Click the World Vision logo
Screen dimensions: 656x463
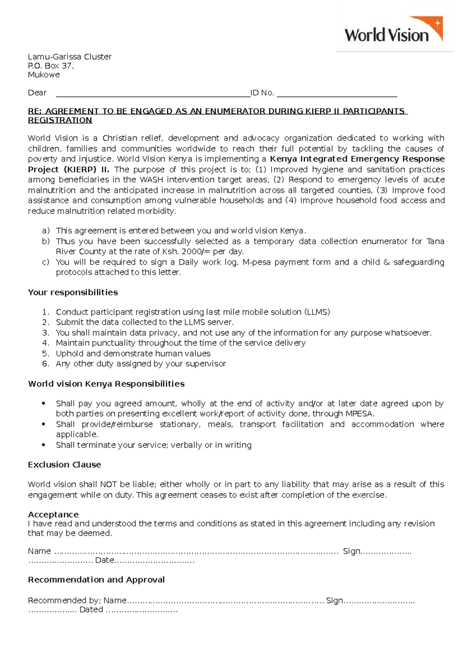click(x=394, y=31)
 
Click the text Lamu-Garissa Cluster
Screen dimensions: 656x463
click(x=69, y=57)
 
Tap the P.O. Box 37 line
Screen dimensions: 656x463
click(x=51, y=66)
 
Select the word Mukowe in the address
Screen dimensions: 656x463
click(x=44, y=75)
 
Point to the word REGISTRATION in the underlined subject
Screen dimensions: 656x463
click(x=60, y=121)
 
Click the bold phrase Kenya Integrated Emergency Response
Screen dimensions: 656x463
click(x=357, y=159)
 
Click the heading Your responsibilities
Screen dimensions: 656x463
click(x=73, y=292)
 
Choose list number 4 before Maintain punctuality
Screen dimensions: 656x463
click(x=46, y=343)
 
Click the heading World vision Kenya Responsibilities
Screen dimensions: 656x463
click(x=106, y=384)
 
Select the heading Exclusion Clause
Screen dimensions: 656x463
click(x=64, y=465)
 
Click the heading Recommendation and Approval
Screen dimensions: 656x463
click(x=96, y=580)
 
